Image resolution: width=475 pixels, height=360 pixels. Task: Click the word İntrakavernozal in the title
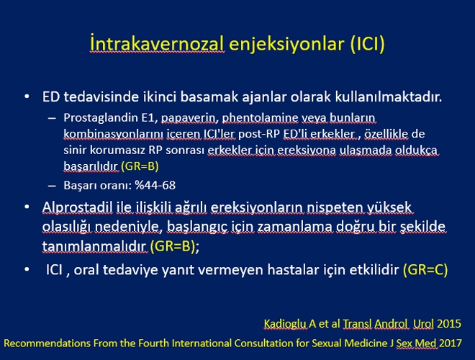pos(157,43)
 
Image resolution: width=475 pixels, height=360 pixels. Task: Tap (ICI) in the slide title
pos(367,44)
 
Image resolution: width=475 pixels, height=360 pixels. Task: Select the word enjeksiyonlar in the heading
pos(286,44)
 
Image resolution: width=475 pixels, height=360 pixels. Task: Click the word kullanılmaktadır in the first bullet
pos(389,96)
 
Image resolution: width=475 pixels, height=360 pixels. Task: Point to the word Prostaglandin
pos(101,118)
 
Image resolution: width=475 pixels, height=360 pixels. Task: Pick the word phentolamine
pos(261,118)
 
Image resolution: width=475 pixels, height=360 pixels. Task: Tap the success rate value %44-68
pos(155,185)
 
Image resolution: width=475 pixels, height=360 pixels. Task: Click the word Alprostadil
pos(77,207)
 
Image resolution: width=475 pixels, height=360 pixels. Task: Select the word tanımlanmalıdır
pos(94,246)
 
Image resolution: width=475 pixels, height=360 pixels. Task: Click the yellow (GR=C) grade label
pos(425,270)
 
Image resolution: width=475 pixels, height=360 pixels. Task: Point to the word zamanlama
pos(295,227)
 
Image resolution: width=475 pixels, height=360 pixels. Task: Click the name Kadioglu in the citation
pos(285,323)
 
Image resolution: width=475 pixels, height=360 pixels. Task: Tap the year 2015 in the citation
pos(449,323)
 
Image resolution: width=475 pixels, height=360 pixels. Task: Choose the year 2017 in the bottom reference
pos(451,343)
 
